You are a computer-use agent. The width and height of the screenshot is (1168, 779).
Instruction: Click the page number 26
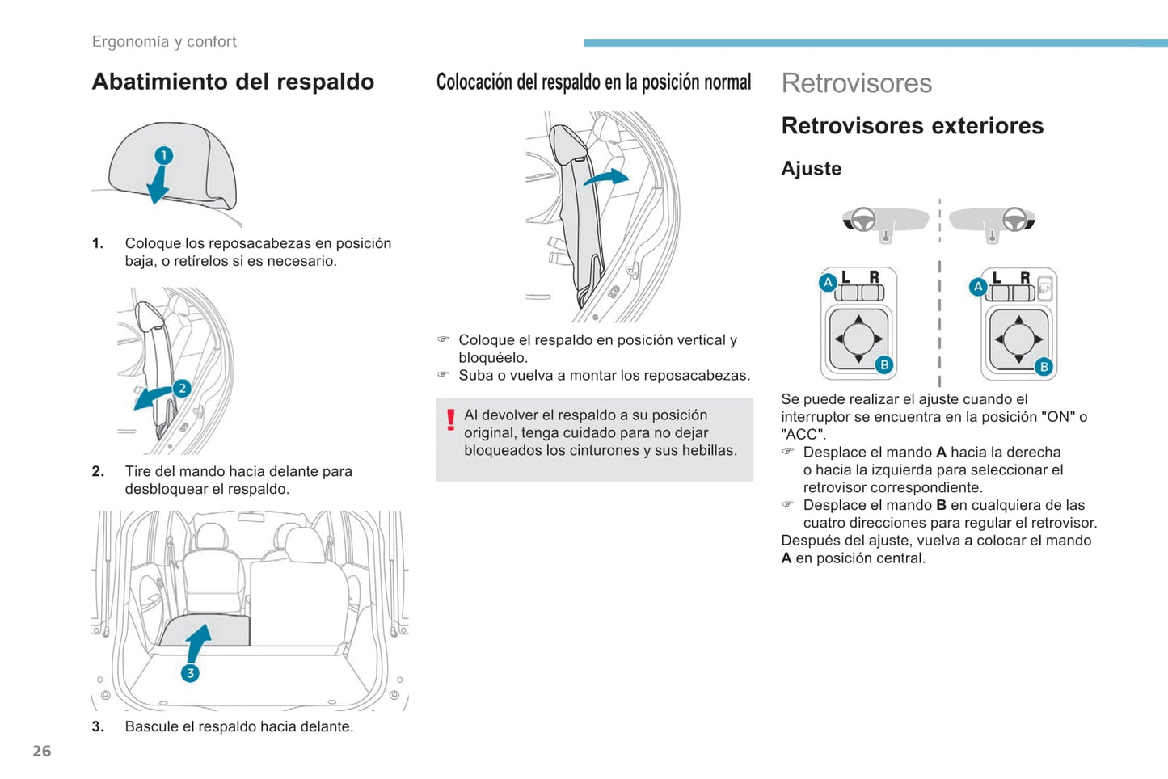click(x=42, y=751)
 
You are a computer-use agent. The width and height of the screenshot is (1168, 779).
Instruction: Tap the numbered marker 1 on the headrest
click(x=164, y=155)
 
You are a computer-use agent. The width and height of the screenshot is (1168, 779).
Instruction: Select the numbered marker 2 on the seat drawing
click(x=182, y=388)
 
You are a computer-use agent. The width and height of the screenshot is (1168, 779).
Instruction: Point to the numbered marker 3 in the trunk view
click(x=190, y=672)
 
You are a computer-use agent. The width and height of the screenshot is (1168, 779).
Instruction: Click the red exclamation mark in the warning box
click(x=451, y=419)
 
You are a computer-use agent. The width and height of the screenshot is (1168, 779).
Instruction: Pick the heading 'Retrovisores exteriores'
click(x=913, y=126)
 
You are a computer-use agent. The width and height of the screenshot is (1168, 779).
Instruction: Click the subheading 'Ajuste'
click(x=812, y=168)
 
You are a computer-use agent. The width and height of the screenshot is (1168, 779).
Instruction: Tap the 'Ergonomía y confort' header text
click(x=164, y=42)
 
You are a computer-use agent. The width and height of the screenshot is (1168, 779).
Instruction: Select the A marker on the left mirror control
click(x=828, y=283)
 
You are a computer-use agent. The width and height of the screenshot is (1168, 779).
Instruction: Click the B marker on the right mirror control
click(x=1044, y=367)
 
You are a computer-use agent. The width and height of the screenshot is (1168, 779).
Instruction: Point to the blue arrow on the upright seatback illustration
click(x=606, y=177)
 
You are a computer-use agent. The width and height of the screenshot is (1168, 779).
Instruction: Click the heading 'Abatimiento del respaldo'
click(x=233, y=82)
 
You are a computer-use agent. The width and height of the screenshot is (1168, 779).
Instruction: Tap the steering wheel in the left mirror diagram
click(x=862, y=219)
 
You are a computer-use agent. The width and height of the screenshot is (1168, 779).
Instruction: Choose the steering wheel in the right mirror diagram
click(x=1014, y=219)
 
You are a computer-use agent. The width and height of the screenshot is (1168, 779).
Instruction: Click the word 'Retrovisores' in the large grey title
click(x=857, y=83)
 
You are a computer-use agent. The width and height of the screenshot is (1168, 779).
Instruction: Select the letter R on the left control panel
click(x=875, y=276)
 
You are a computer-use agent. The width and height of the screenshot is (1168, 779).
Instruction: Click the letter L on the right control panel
click(x=997, y=277)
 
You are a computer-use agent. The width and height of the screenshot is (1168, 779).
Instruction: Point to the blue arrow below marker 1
click(x=158, y=184)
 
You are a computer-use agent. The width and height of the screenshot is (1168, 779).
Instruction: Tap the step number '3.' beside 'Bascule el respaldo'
click(x=98, y=726)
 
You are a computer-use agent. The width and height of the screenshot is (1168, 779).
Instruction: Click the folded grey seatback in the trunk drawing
click(x=205, y=630)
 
